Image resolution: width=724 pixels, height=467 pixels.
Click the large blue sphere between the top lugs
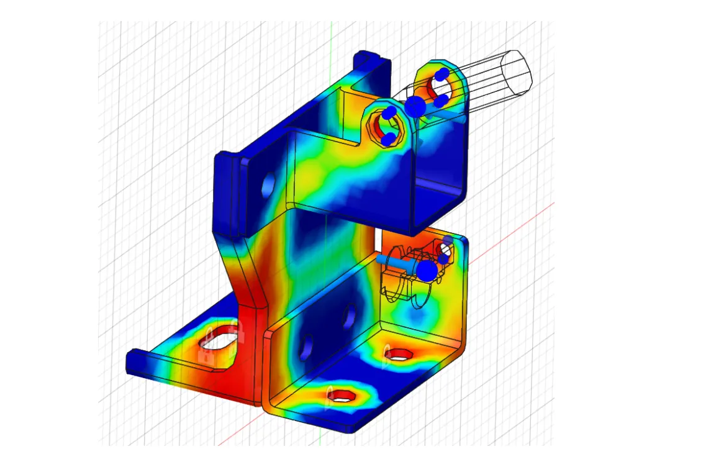click(x=415, y=106)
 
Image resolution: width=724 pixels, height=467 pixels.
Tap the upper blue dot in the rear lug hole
click(x=441, y=75)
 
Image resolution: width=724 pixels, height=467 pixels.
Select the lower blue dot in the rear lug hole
click(x=442, y=99)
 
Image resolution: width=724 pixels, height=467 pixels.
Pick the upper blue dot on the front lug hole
click(x=389, y=113)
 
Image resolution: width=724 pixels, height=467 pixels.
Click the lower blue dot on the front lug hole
click(x=388, y=140)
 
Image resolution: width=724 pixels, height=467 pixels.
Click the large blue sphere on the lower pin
click(x=427, y=271)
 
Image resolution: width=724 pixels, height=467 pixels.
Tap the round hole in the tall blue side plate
click(x=269, y=183)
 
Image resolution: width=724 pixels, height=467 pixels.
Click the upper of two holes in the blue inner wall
click(x=348, y=314)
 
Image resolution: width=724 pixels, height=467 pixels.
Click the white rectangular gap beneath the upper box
click(x=377, y=237)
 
